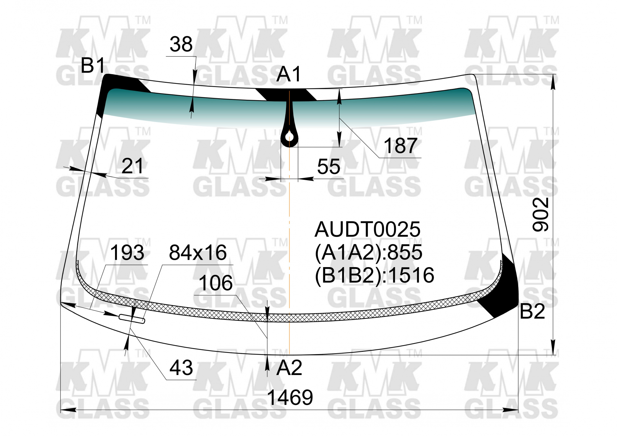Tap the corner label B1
click(x=93, y=65)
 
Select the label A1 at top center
click(x=289, y=74)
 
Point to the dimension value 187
click(x=400, y=146)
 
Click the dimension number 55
click(x=328, y=167)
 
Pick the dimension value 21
click(x=132, y=166)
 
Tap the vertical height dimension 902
click(x=541, y=214)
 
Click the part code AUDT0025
click(x=367, y=230)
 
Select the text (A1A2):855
click(x=369, y=252)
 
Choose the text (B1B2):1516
click(x=374, y=275)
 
